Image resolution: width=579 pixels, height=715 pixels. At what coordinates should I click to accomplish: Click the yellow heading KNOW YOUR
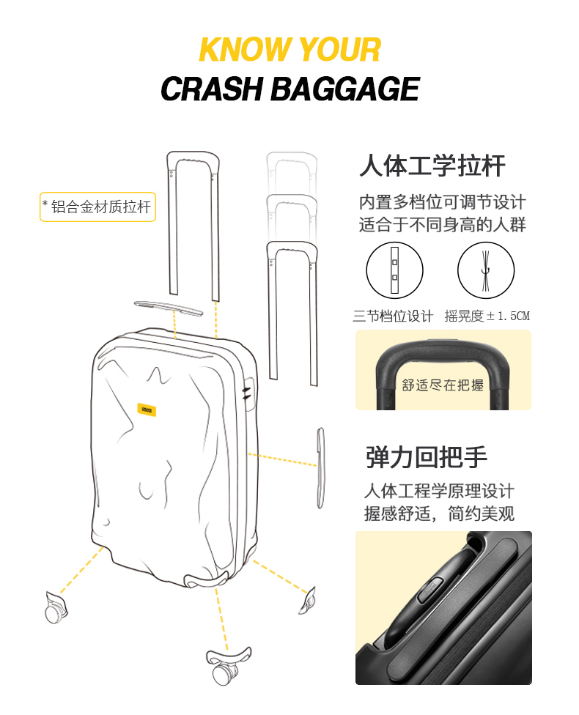coord(290,49)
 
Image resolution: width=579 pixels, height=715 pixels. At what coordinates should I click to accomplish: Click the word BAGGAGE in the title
coord(345,89)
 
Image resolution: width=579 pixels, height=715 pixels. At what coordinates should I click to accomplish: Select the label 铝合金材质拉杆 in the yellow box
coord(101,207)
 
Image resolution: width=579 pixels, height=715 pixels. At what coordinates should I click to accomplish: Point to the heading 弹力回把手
coord(426,457)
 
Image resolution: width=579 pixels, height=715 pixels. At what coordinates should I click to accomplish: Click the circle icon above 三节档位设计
coord(394,270)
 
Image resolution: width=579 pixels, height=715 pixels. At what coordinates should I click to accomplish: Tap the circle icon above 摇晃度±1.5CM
coord(486,270)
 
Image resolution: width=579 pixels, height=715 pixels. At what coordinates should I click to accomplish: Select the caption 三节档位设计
coord(393,316)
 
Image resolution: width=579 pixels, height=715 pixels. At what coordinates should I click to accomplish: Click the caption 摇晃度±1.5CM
coord(487,316)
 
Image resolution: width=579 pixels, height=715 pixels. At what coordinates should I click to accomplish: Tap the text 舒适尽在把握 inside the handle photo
coord(443,385)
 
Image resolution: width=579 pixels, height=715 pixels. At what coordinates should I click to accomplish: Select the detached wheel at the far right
coord(307,601)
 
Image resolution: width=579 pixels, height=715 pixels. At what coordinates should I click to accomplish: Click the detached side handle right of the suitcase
coord(321,468)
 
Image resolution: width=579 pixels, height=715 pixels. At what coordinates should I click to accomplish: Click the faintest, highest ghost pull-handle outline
coord(292,155)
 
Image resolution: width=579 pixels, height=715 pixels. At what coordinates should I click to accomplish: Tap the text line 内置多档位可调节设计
coord(443,202)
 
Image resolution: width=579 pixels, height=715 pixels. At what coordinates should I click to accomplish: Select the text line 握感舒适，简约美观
coord(440,514)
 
